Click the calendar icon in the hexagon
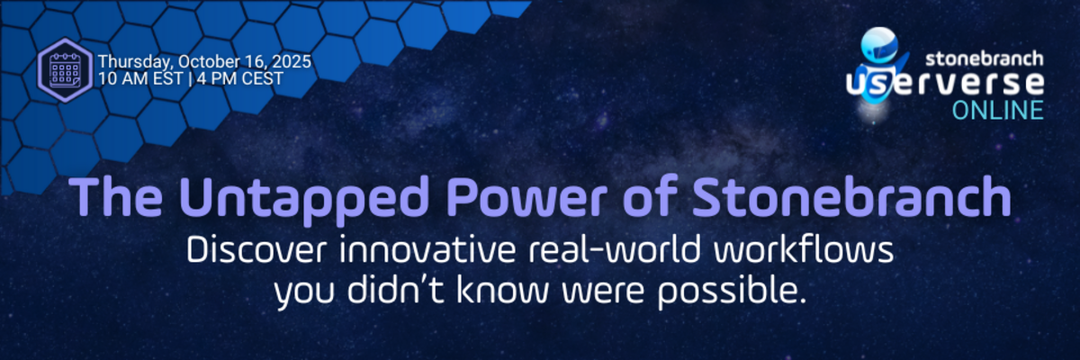pyautogui.click(x=66, y=69)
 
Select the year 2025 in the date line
pyautogui.click(x=292, y=62)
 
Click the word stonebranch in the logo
pyautogui.click(x=985, y=58)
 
